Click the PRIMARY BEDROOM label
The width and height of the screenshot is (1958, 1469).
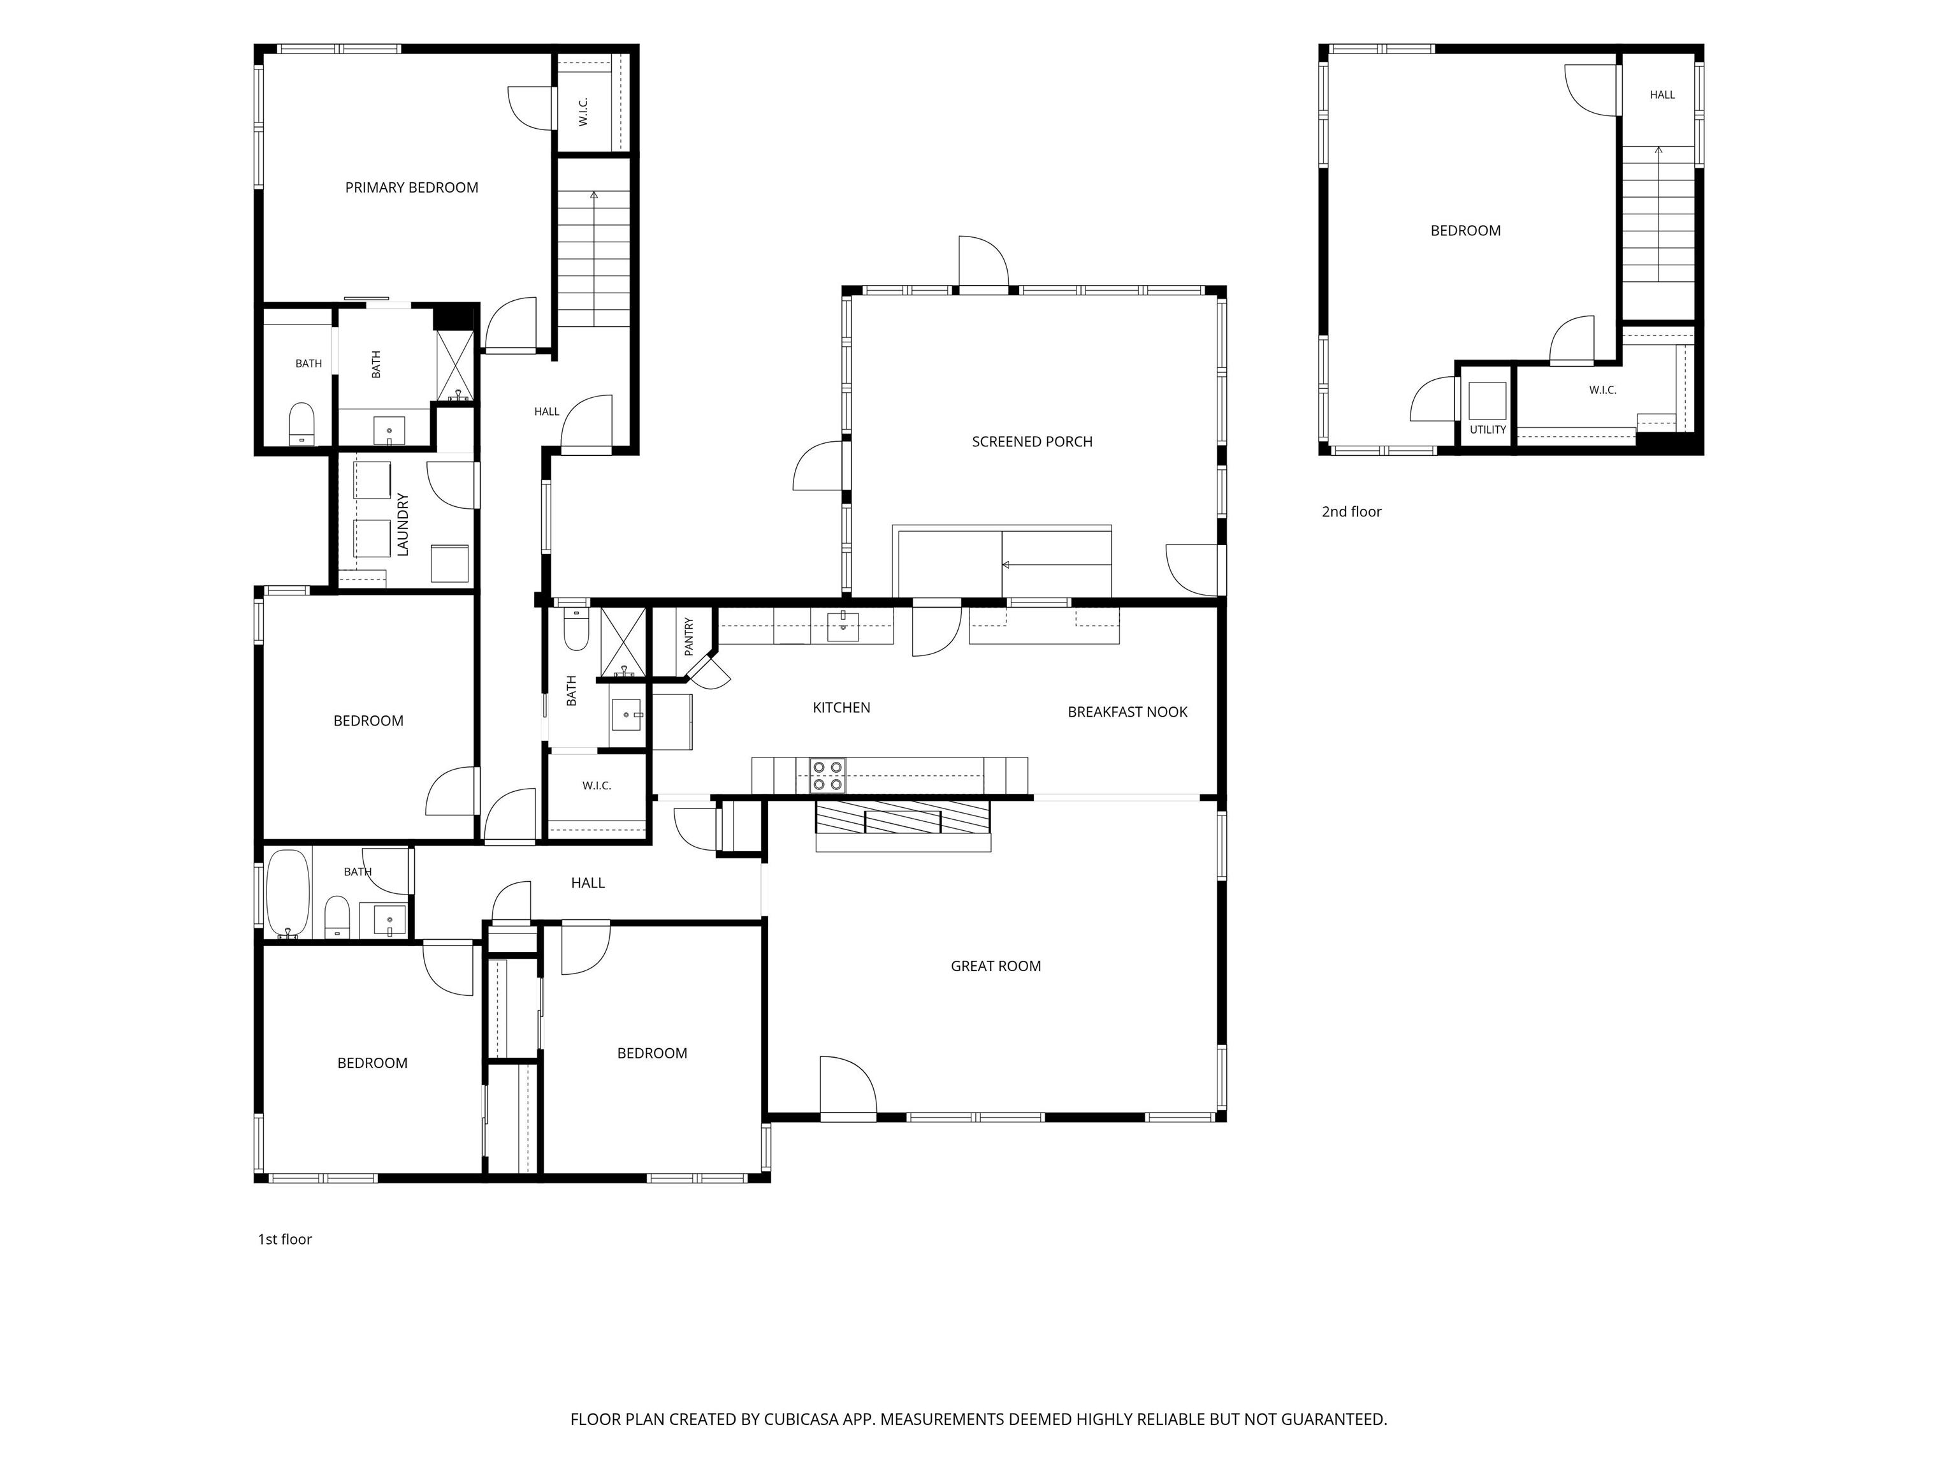[x=412, y=187]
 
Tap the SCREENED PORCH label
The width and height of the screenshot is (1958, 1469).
[x=1032, y=442]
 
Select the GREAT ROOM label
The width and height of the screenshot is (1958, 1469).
[x=996, y=966]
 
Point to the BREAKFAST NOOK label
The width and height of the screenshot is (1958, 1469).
[x=1128, y=712]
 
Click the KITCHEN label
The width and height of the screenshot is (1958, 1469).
[x=842, y=708]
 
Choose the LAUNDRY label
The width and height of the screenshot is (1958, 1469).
[x=403, y=524]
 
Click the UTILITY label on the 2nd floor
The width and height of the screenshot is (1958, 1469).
[x=1488, y=430]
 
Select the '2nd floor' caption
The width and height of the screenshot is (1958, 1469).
[x=1352, y=512]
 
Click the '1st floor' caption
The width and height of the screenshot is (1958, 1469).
[x=285, y=1239]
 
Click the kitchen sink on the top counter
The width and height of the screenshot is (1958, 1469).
[x=843, y=626]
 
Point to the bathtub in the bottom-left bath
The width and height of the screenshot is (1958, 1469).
[x=287, y=893]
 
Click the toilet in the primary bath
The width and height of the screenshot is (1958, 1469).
[x=302, y=424]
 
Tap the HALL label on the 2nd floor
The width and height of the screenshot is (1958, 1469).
[x=1662, y=95]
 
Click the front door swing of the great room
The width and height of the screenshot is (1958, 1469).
[x=847, y=1085]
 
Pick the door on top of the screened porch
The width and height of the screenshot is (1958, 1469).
[x=983, y=261]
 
